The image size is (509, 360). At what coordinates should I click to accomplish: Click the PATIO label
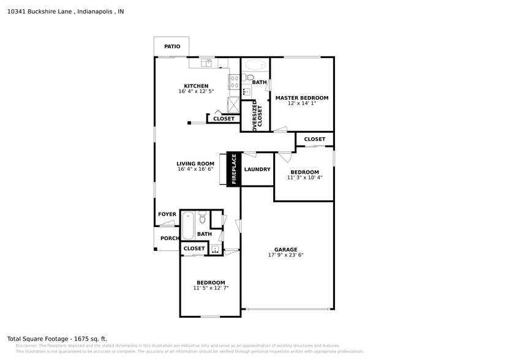(172, 47)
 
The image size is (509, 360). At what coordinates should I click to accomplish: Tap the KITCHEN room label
(196, 86)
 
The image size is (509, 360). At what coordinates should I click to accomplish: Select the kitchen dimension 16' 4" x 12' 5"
(196, 92)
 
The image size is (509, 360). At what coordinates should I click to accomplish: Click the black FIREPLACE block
(233, 168)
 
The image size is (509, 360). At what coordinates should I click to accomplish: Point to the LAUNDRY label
(257, 170)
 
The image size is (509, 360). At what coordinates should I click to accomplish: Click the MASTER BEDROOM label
(301, 98)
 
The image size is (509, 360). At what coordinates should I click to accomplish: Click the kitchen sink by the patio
(206, 62)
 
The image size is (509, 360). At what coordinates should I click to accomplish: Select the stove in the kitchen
(234, 81)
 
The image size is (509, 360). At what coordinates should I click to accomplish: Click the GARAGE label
(285, 249)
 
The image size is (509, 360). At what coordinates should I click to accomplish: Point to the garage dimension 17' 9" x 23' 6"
(285, 255)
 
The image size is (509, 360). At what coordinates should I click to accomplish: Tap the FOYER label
(167, 214)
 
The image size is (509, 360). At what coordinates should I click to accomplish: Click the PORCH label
(170, 238)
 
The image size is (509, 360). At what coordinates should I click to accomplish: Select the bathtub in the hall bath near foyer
(188, 225)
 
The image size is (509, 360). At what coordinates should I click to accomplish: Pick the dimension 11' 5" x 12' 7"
(211, 288)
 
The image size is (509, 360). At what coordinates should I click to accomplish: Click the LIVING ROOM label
(195, 163)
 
